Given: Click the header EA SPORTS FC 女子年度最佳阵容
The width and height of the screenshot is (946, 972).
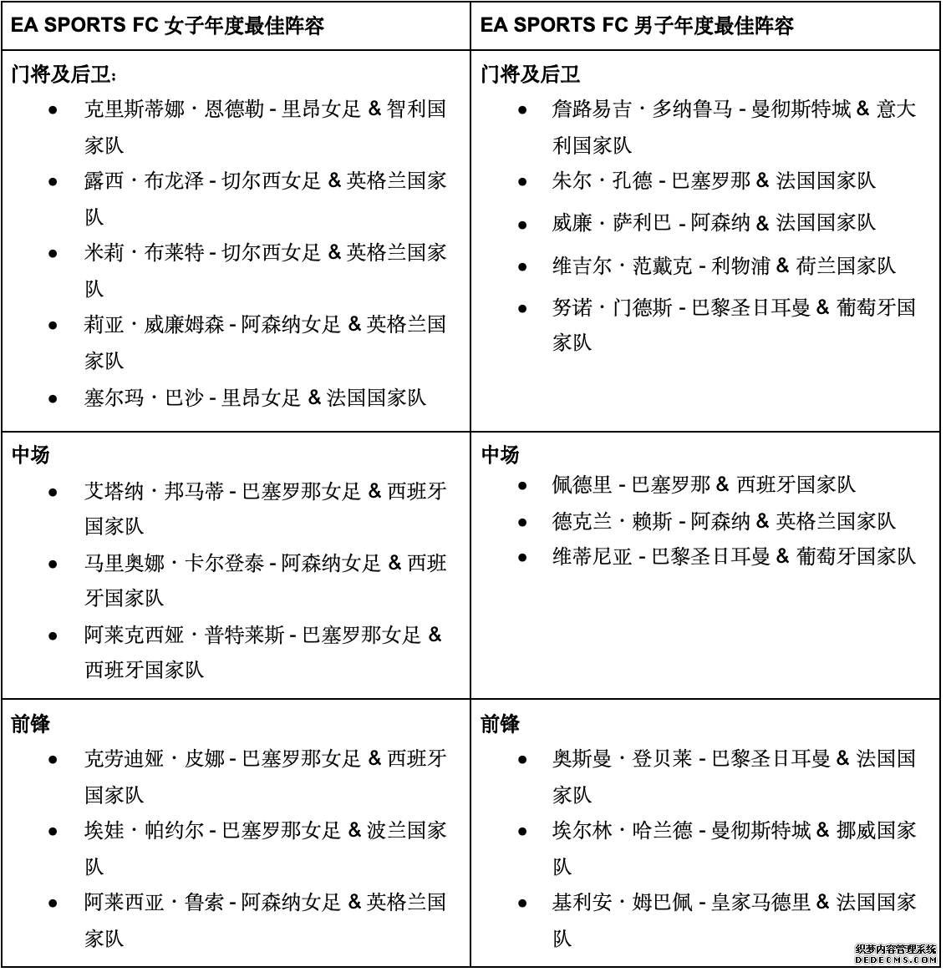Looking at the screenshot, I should pos(167,24).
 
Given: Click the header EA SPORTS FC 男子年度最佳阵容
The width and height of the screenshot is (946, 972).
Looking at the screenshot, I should pos(637,24).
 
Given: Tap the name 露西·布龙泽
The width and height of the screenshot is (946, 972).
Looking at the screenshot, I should pos(144,181).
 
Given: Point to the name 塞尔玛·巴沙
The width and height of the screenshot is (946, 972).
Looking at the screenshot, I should pos(144,397).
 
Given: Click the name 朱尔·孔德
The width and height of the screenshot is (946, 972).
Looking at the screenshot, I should pos(602,180).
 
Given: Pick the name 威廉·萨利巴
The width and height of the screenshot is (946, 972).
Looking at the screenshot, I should pos(612,222).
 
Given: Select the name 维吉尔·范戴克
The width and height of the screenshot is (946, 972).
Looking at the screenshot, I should pos(622,266).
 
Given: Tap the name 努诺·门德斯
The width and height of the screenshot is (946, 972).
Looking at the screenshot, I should pos(612,307).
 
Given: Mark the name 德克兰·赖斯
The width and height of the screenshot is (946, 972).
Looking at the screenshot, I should pos(612,521).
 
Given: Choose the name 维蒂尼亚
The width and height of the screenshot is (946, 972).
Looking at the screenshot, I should pos(592,556).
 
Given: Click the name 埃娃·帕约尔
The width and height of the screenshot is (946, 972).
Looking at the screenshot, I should pos(144,831).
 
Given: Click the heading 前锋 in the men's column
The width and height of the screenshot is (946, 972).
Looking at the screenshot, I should pos(500,724).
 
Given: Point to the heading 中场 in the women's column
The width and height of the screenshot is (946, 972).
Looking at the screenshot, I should pos(30,455).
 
